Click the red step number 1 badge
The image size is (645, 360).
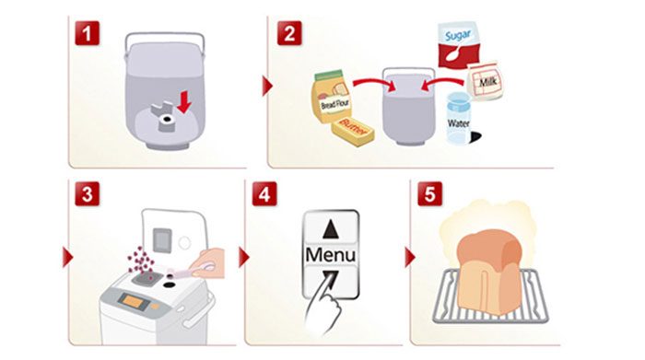coord(88,33)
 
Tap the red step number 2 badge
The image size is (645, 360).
coord(289,33)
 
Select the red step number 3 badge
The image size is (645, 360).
coord(88,193)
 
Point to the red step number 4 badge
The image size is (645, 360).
coord(264,193)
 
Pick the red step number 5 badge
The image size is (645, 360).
coord(430,193)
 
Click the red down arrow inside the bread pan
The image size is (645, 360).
coord(184,102)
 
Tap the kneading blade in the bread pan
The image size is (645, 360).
coord(164,116)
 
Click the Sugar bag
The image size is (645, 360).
coord(458,47)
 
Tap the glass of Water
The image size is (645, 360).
coord(459,118)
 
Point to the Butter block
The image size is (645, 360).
coord(353,131)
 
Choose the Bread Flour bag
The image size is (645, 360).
coord(333,96)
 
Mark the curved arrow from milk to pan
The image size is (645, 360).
coord(443,84)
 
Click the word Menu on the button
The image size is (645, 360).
coord(330,255)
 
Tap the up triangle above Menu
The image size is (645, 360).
coord(331,229)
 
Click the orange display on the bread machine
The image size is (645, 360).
coord(134,302)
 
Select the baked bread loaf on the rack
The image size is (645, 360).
coord(490,272)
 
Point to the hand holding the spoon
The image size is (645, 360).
coord(208,264)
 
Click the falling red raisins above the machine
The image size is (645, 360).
coord(141,260)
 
